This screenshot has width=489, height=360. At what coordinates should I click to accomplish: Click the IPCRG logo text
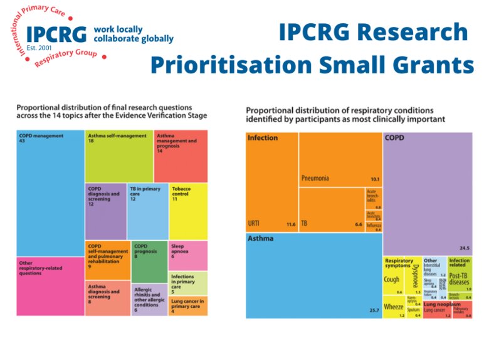pos(56,34)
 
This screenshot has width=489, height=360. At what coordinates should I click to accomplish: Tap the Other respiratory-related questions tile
pos(50,285)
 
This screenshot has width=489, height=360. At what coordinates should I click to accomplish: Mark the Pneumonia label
pos(315,178)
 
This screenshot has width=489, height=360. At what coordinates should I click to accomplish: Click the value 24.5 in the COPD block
pos(463,248)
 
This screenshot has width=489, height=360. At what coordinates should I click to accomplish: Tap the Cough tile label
pos(391,280)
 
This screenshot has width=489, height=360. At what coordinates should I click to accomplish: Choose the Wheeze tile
pos(393,307)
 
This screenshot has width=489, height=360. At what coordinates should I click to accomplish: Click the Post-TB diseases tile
pos(460,278)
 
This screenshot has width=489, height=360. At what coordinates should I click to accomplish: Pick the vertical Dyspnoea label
pos(414,276)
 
